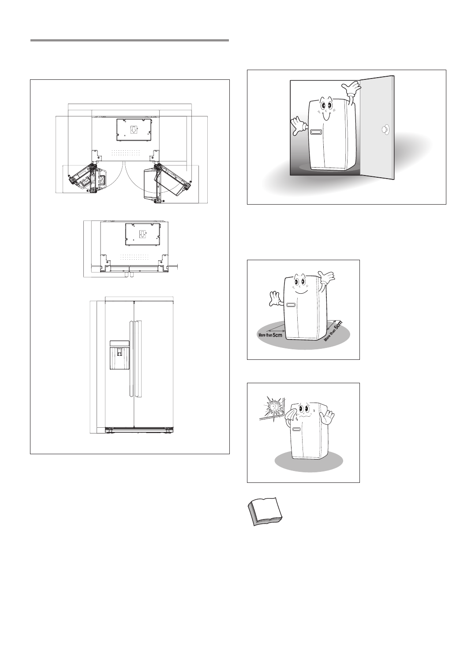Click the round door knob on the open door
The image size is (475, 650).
pyautogui.click(x=385, y=130)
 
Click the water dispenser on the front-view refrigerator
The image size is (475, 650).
pyautogui.click(x=120, y=355)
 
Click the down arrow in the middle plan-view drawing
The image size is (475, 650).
pyautogui.click(x=142, y=233)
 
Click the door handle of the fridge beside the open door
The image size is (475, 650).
pyautogui.click(x=316, y=132)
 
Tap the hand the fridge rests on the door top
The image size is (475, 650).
pyautogui.click(x=354, y=90)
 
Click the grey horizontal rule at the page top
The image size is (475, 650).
pyautogui.click(x=130, y=41)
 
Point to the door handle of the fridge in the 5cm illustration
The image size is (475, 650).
pyautogui.click(x=290, y=305)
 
